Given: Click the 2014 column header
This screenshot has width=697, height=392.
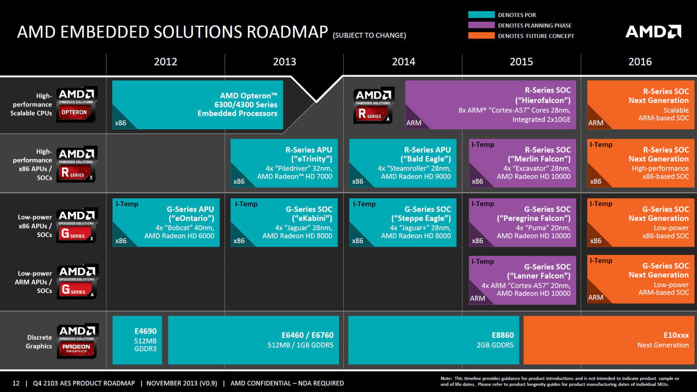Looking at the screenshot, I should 403,62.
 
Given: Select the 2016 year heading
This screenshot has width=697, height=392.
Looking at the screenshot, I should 640,62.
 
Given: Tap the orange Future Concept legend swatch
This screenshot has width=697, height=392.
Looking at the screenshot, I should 481,36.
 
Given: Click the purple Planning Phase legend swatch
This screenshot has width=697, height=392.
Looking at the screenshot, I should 481,25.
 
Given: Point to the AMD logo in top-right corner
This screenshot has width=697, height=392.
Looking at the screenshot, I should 653,31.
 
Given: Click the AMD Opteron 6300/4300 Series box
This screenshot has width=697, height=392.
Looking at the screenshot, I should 198,105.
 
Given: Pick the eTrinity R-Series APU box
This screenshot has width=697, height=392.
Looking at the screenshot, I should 284,163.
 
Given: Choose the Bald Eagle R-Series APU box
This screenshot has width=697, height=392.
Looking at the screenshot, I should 403,163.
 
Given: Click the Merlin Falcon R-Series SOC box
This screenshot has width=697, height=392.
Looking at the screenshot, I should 522,163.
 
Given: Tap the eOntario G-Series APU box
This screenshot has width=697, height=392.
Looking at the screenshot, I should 166,223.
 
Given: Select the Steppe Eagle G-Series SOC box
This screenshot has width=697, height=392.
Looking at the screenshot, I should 403,223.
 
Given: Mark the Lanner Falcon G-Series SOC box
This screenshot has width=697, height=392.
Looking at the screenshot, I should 522,280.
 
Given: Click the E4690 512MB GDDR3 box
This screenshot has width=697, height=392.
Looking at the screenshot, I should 137,340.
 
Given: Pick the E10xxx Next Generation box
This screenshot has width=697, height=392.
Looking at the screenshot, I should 608,340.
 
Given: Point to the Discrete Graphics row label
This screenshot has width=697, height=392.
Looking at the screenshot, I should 39,341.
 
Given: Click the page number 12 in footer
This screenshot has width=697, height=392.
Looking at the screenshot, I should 16,383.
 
